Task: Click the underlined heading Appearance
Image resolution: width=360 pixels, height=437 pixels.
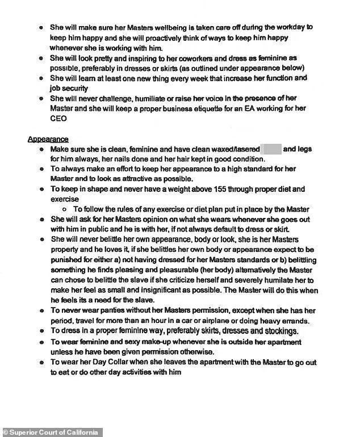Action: click(48, 139)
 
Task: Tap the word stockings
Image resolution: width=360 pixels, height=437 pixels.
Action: click(276, 331)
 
